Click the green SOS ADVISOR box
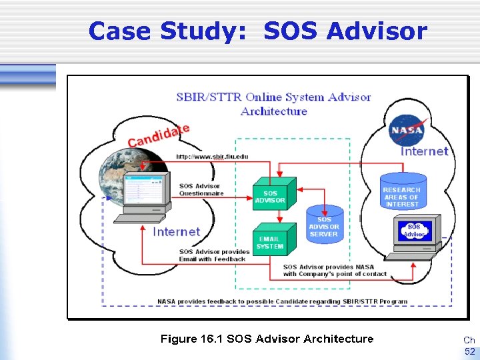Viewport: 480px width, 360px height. [272, 196]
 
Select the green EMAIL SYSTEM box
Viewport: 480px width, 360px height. [271, 243]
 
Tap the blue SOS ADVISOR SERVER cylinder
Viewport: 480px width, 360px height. [324, 227]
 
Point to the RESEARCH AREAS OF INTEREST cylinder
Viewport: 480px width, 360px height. [401, 194]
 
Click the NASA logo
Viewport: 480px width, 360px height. [406, 129]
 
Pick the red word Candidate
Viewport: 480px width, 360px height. [159, 135]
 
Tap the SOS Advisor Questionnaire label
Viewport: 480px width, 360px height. [201, 189]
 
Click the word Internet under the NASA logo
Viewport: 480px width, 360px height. [424, 151]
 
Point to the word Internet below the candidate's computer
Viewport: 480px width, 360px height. [176, 231]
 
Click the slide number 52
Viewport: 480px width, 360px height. [469, 351]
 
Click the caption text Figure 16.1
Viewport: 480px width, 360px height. [191, 339]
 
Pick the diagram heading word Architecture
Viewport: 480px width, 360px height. [274, 111]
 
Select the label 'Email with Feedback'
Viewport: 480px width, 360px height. [212, 259]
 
